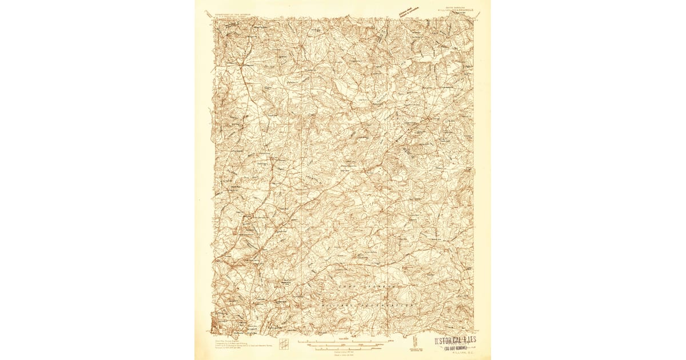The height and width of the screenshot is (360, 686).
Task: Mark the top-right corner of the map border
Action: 474,18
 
